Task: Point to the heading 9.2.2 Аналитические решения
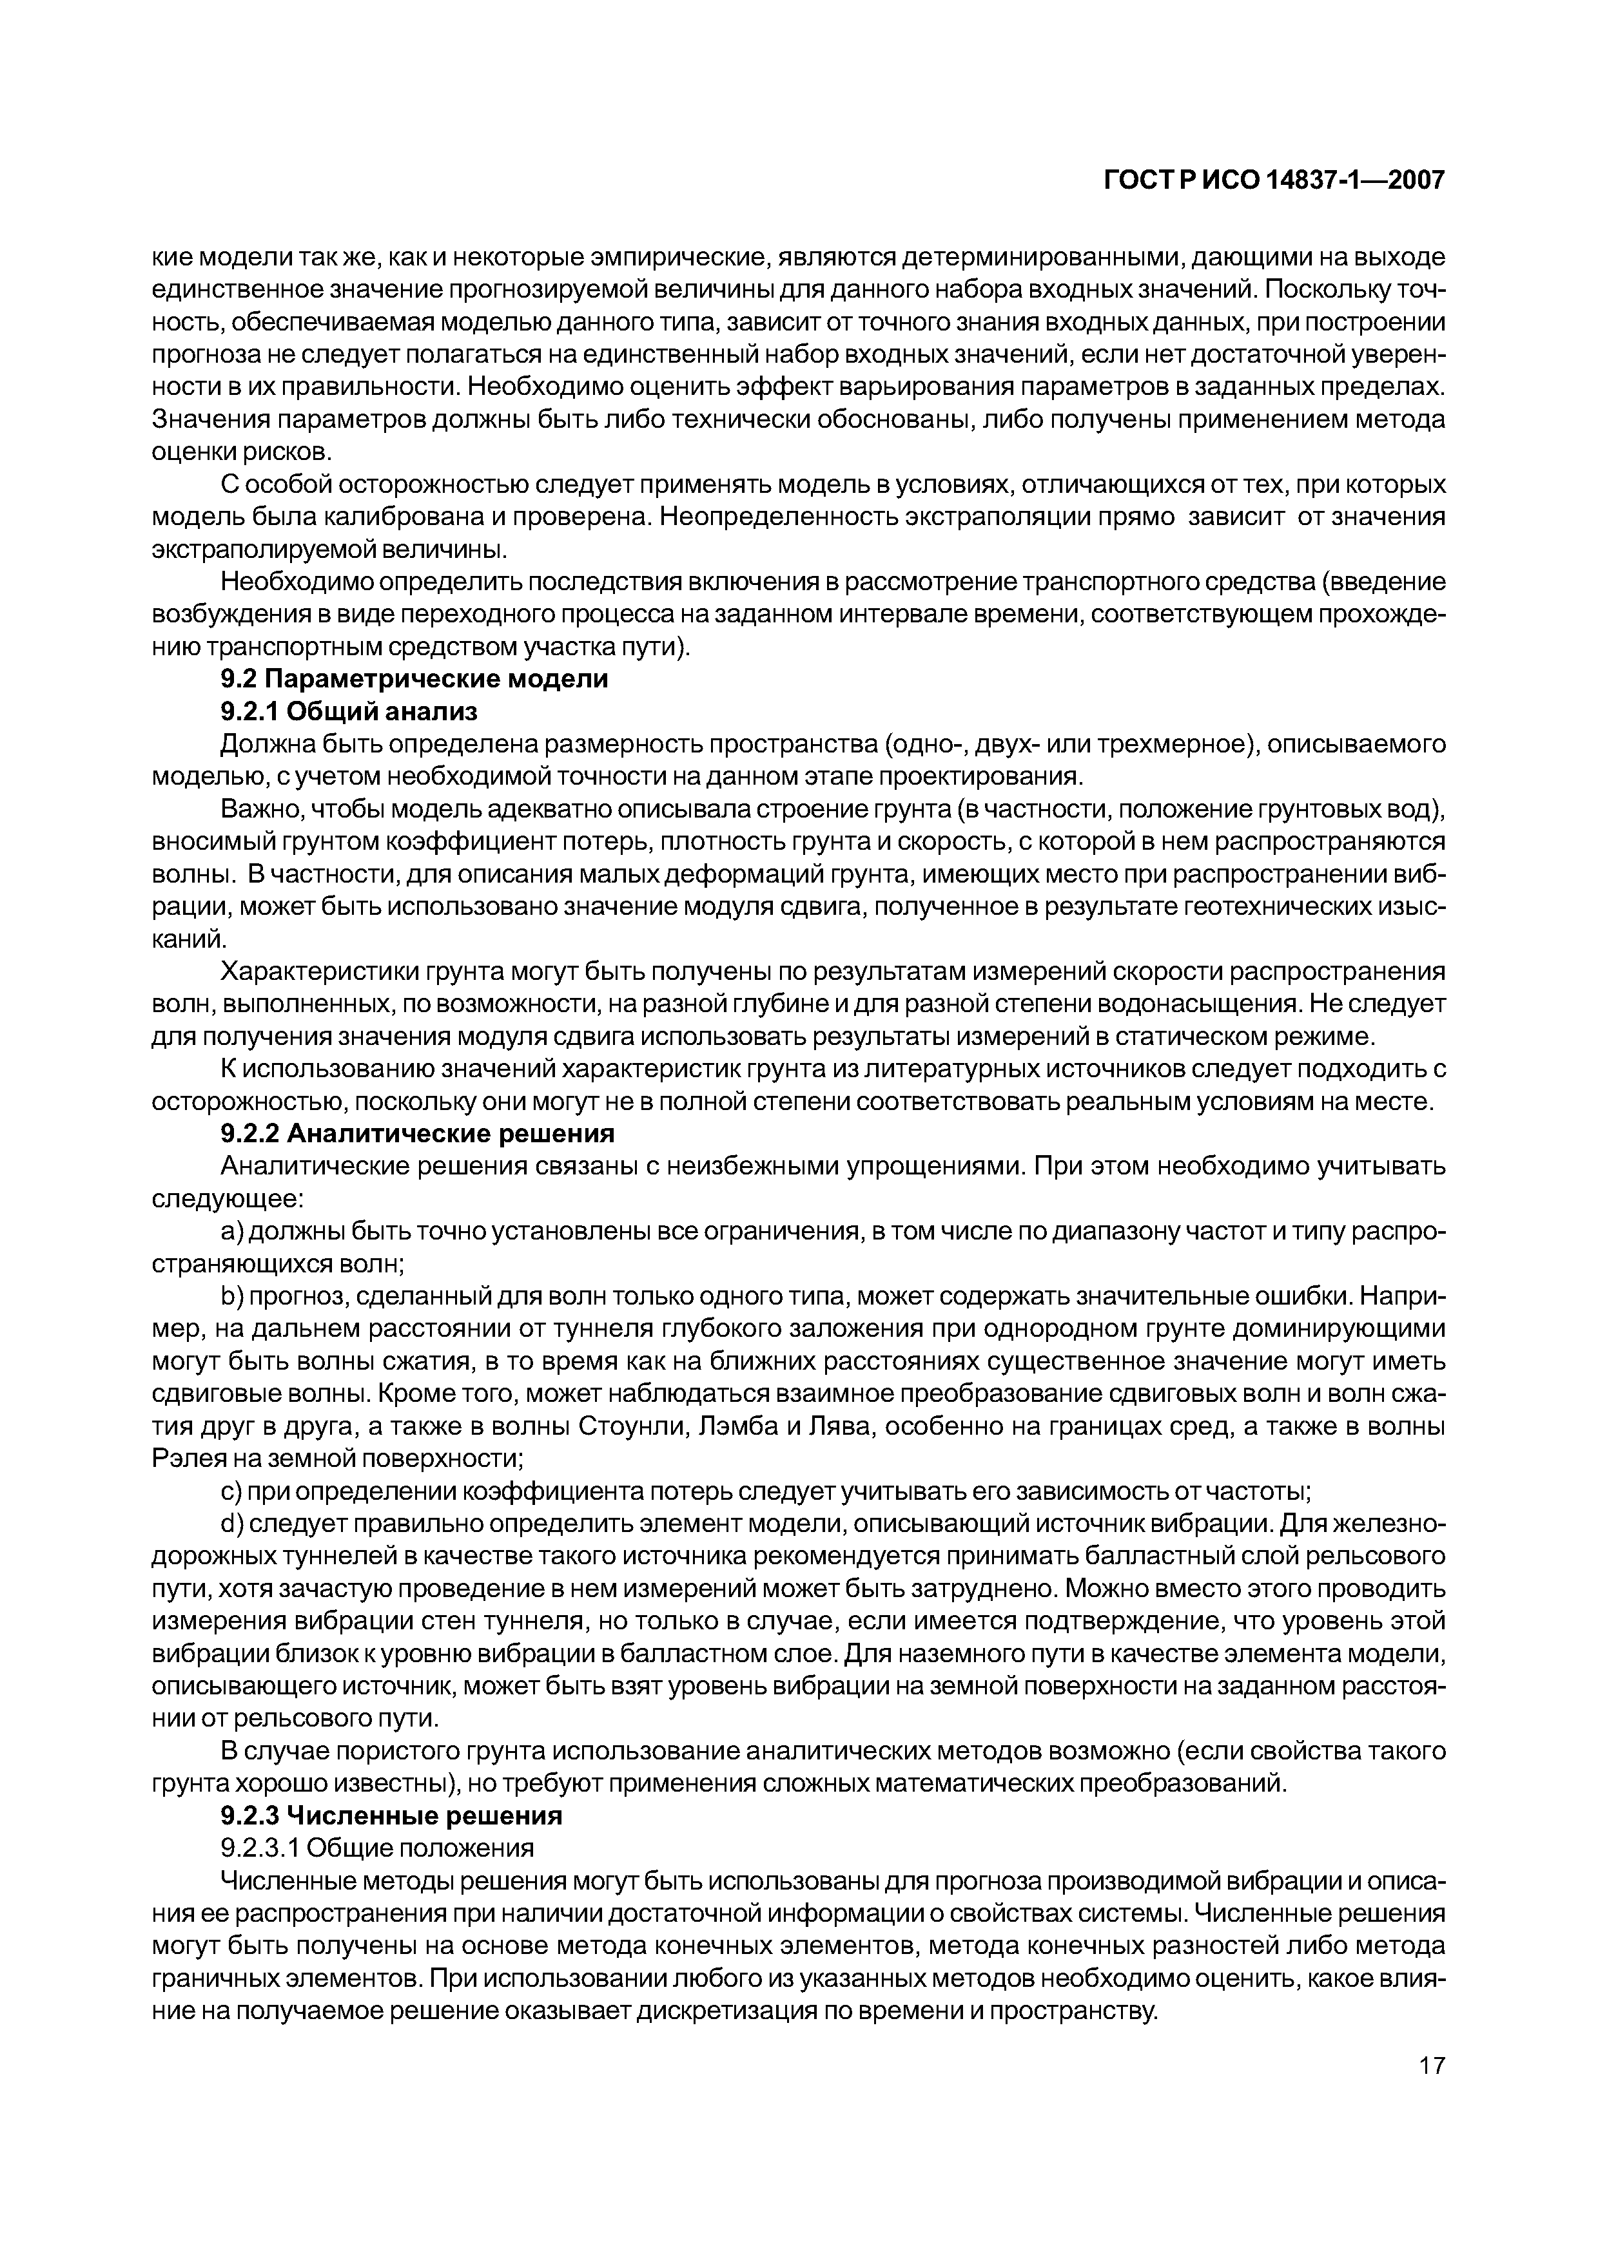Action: [x=418, y=1134]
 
